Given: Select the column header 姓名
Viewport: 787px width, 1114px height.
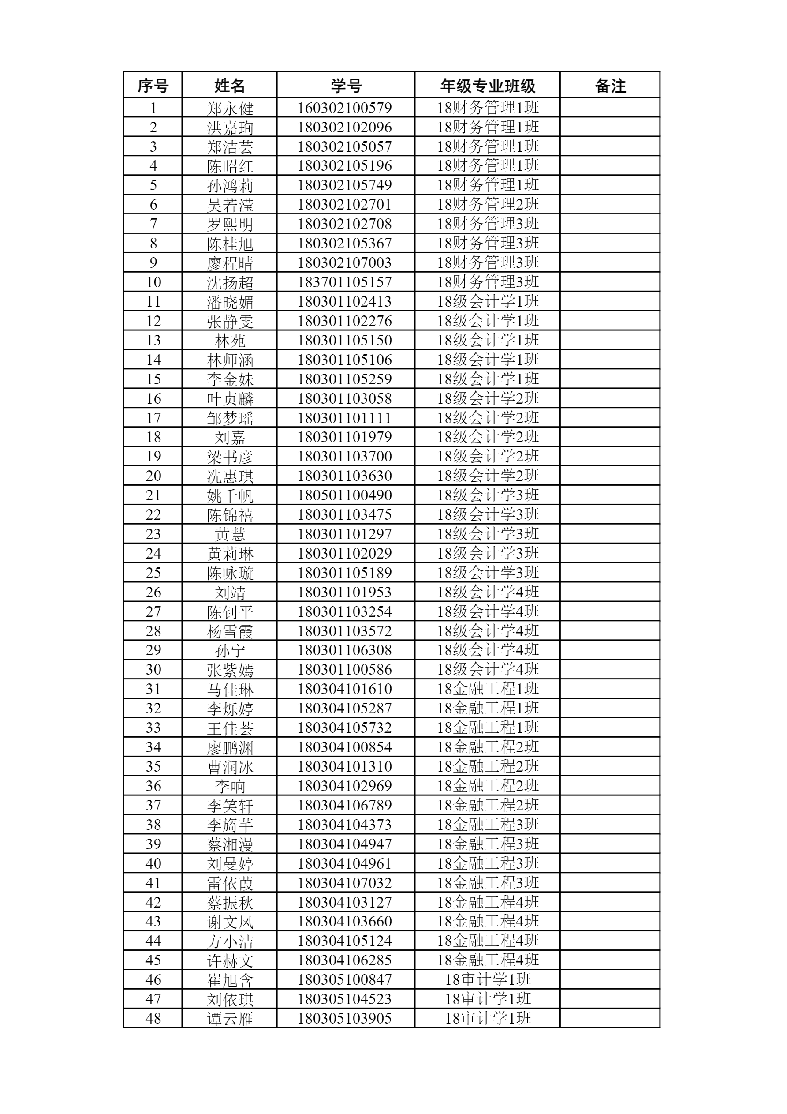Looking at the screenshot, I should pos(229,86).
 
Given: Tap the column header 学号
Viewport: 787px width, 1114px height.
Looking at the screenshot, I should pos(346,86).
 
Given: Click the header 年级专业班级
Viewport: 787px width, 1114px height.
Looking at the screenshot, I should pos(487,86).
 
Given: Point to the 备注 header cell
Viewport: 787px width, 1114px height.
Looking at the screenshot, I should pos(610,86).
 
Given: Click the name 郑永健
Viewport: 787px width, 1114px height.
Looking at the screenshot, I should pos(230,108).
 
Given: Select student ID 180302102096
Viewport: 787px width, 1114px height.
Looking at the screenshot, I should pos(345,127).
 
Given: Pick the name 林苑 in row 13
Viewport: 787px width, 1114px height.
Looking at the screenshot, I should pos(230,341).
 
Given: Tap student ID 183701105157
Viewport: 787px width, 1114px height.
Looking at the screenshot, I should pos(345,282).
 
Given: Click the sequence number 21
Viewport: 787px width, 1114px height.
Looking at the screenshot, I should pos(153,495).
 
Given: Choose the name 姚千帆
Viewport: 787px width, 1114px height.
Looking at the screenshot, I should pos(230,496).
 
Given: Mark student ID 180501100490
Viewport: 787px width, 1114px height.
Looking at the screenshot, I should pos(345,495).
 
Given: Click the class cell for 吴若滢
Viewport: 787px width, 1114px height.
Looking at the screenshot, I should pos(488,204).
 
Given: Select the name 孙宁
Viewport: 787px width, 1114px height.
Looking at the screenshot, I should pos(230,651).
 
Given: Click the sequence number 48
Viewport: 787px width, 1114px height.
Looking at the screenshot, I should pos(153,1018).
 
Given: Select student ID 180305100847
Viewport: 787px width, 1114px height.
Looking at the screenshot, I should pos(345,979).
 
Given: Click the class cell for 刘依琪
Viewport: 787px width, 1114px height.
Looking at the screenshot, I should pos(488,999).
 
